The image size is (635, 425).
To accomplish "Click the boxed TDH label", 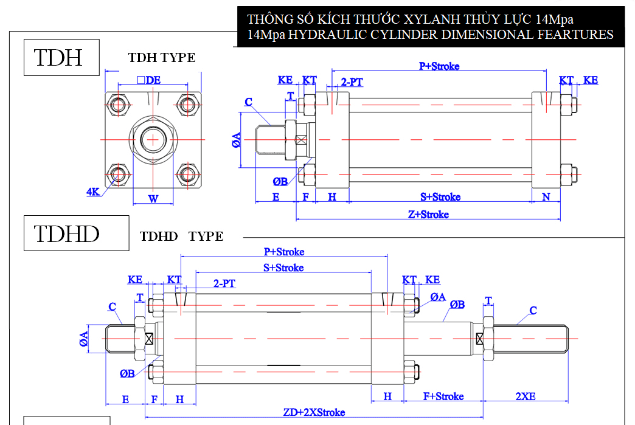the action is (x=61, y=58).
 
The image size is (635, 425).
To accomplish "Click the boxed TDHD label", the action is (x=76, y=233).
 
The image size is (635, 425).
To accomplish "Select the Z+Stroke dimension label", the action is (x=428, y=214).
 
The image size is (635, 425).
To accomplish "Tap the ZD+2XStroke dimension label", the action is (x=314, y=412).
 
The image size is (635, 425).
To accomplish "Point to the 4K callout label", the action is (x=92, y=192).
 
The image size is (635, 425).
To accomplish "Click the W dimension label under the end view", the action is (x=153, y=199).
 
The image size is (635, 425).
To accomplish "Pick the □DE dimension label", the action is (x=148, y=80).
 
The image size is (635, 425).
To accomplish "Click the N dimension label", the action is (x=546, y=197).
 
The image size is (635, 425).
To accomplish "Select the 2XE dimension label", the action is (x=526, y=396).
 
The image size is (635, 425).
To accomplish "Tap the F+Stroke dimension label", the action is (x=443, y=396).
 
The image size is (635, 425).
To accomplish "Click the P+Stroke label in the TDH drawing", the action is (x=439, y=66).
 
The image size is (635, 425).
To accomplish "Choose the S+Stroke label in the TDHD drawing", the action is (x=283, y=268).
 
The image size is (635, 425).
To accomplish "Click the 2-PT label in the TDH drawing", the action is (x=352, y=81).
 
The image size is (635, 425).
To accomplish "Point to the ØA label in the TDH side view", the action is (x=236, y=140).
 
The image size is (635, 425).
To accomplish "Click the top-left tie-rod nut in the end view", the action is (x=118, y=105).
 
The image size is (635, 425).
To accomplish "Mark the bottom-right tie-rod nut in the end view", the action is (x=187, y=175).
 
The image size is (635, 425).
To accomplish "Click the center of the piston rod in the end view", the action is (x=153, y=140).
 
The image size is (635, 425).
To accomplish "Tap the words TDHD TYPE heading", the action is (x=181, y=237).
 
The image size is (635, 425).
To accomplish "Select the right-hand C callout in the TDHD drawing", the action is (x=533, y=311).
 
